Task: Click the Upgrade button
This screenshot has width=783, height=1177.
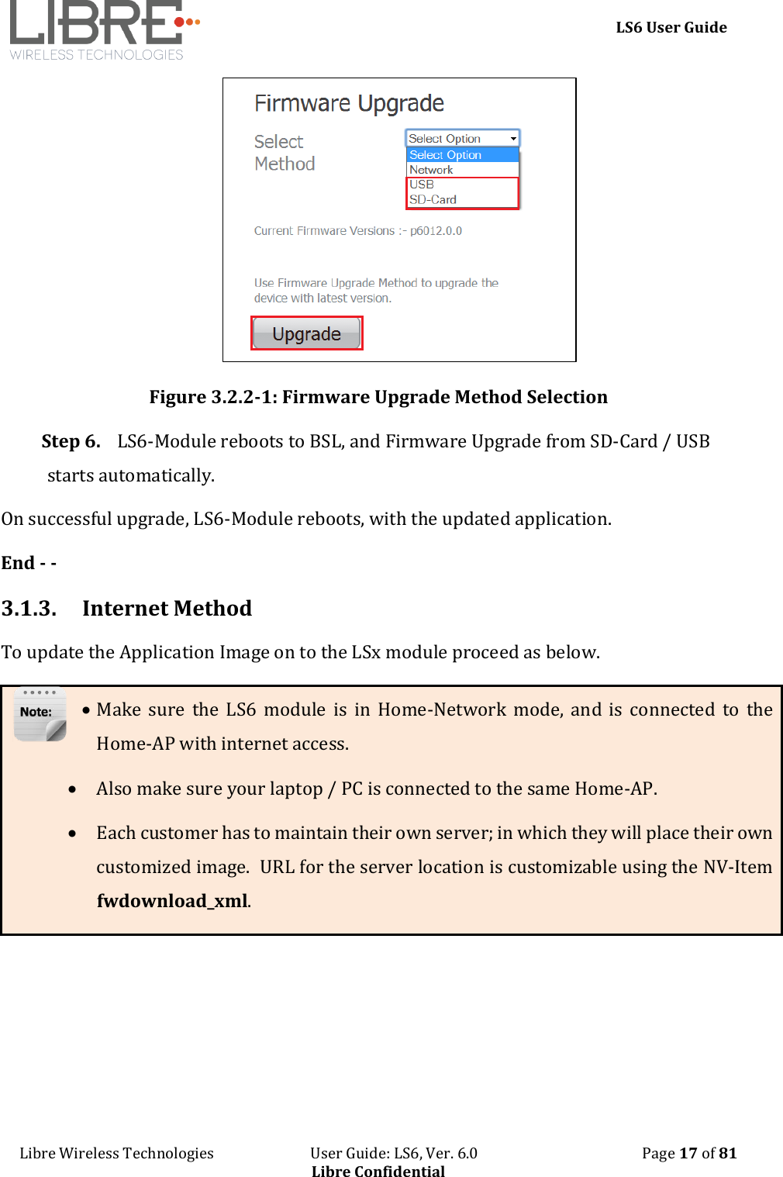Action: click(x=307, y=333)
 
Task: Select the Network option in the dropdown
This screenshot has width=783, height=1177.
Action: click(x=431, y=170)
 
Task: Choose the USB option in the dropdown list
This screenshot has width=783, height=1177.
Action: click(x=422, y=185)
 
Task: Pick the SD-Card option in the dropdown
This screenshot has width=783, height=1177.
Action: click(x=433, y=199)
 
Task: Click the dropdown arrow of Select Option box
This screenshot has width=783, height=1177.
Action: click(x=512, y=139)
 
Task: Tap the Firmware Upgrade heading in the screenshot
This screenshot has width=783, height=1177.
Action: click(x=349, y=103)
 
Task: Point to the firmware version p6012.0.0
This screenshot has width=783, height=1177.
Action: click(x=436, y=231)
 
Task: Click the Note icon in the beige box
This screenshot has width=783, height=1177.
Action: click(x=40, y=714)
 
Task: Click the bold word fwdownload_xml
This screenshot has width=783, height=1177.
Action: click(x=172, y=900)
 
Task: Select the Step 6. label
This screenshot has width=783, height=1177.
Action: click(x=71, y=441)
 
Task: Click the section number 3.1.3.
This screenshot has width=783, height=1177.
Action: click(x=29, y=608)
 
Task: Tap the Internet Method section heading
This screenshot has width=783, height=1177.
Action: click(x=167, y=608)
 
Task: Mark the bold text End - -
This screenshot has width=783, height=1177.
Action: click(x=29, y=563)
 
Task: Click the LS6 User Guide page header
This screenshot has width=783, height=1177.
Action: click(x=671, y=27)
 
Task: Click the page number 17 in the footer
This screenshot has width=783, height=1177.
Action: click(x=688, y=1153)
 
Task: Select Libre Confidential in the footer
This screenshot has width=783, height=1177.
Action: click(x=378, y=1171)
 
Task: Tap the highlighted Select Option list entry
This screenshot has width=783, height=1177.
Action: click(x=446, y=155)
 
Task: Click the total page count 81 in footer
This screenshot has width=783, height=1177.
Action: click(x=727, y=1153)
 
